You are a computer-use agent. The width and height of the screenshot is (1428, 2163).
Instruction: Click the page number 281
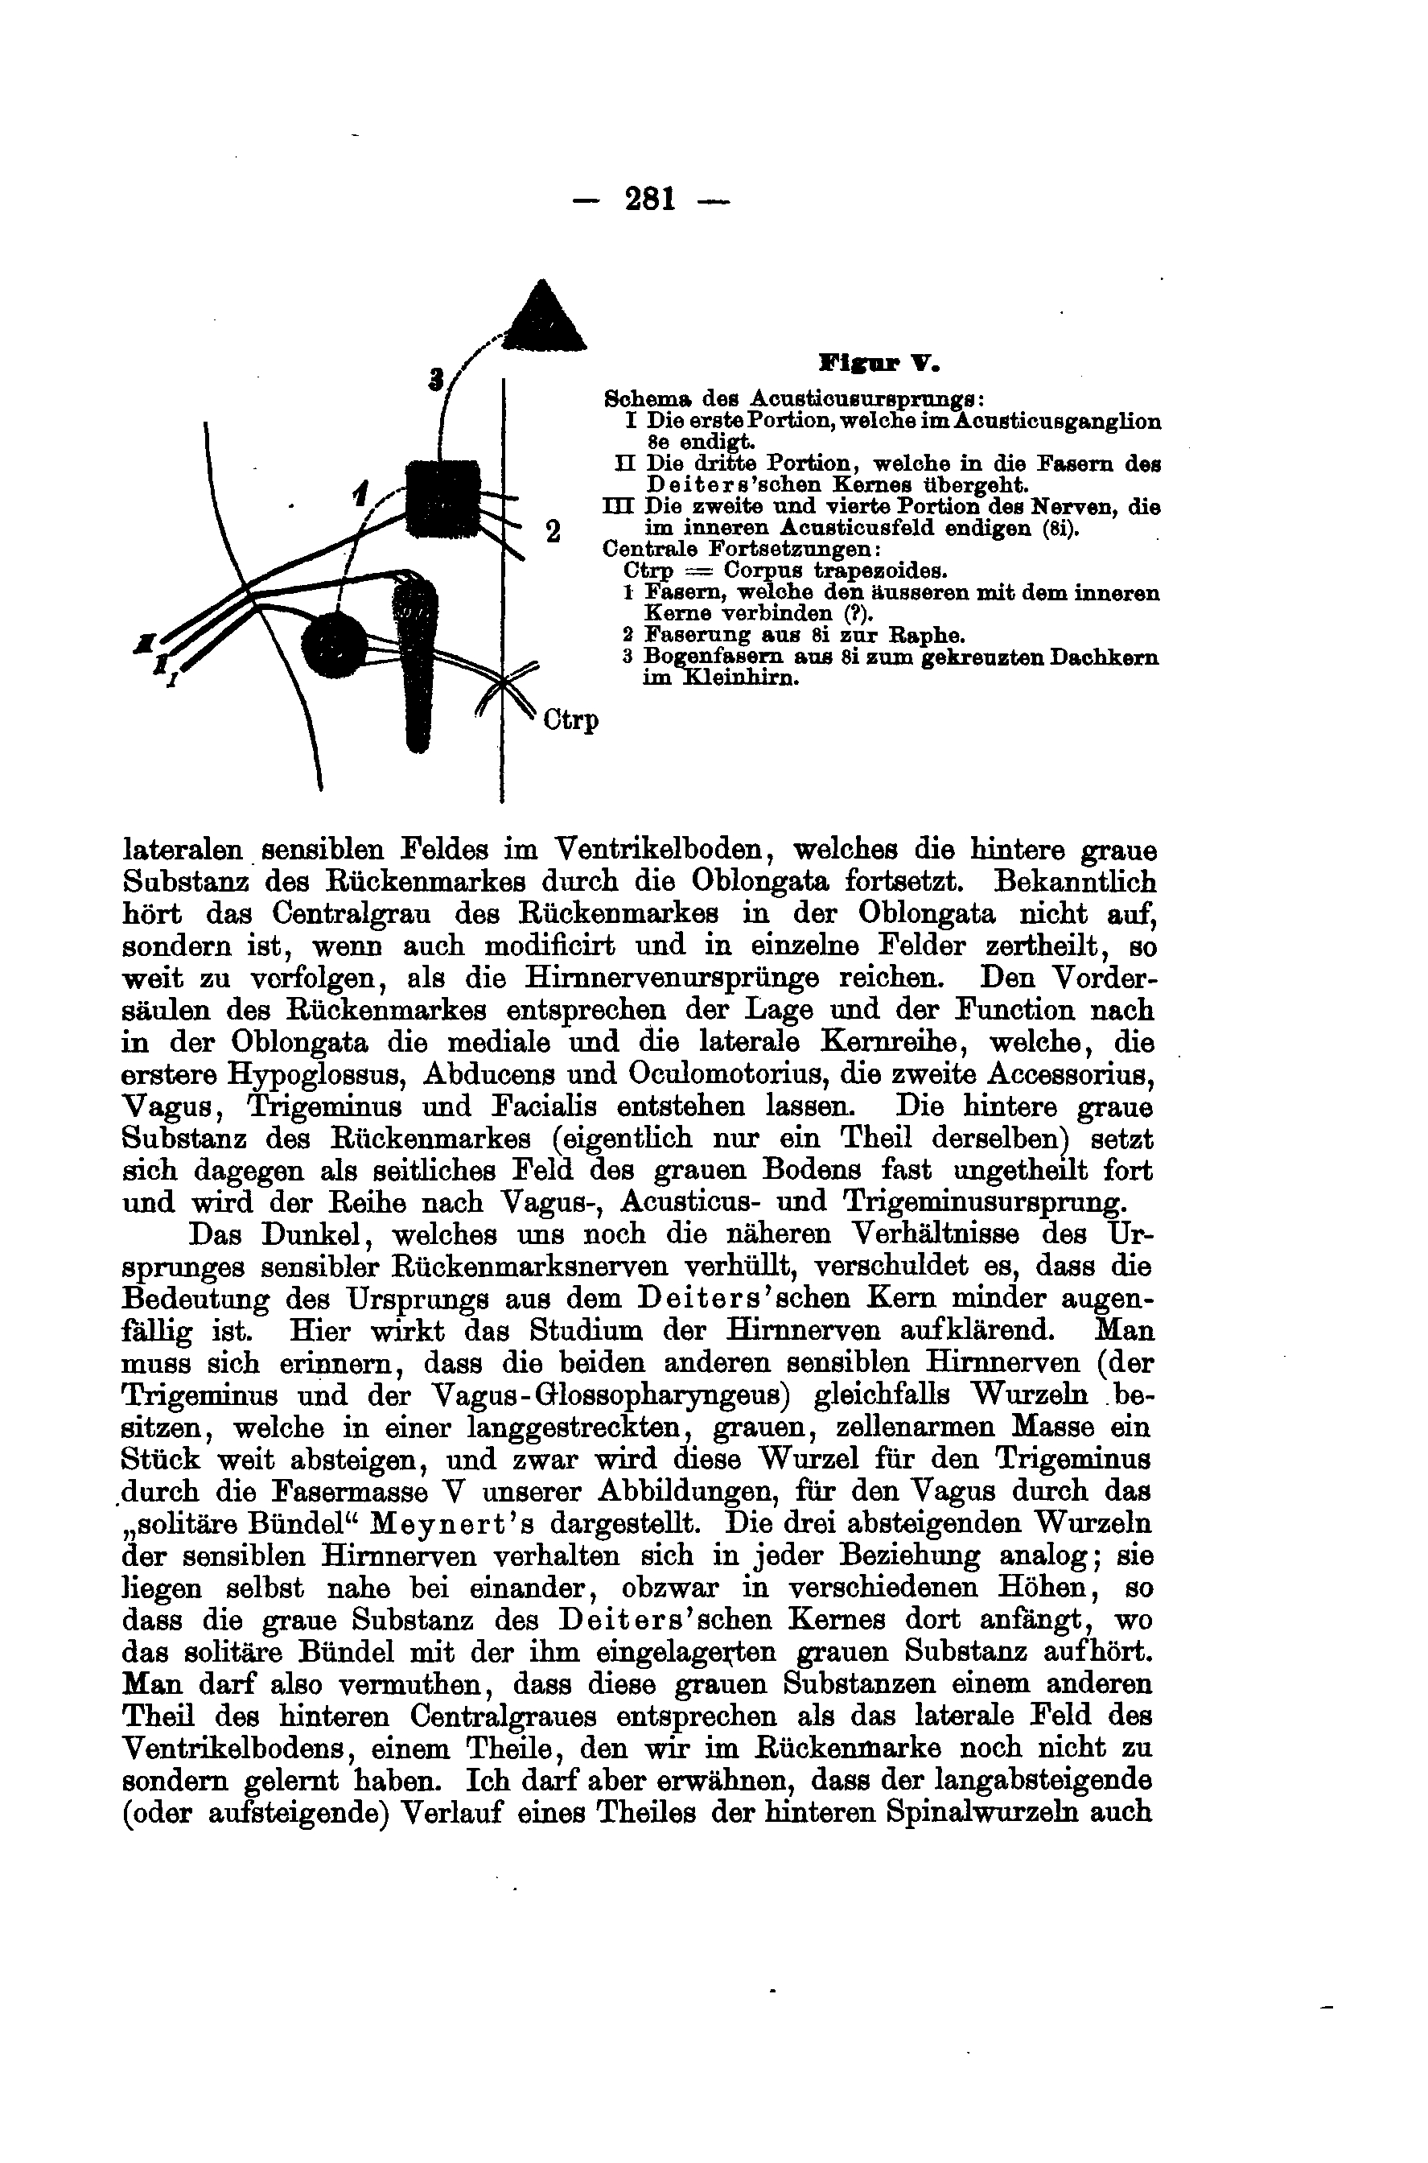pos(650,198)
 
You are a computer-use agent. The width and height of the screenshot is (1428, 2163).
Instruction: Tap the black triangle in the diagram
pos(544,318)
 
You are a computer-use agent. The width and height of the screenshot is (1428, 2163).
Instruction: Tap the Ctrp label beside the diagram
pos(571,720)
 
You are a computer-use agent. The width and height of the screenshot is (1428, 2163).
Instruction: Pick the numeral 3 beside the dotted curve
pos(436,379)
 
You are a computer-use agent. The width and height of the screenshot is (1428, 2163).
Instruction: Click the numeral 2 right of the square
pos(552,531)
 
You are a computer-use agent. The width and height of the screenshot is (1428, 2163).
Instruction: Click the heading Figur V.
pos(879,364)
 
